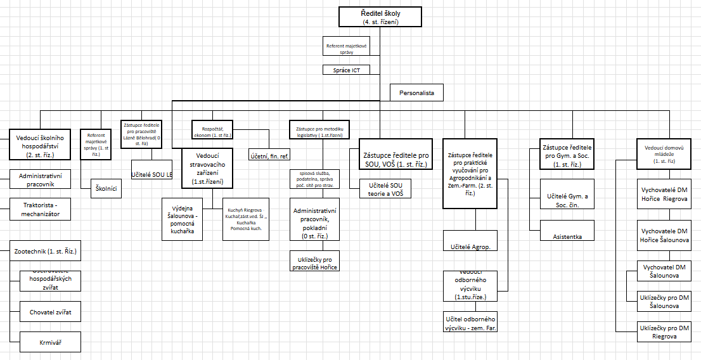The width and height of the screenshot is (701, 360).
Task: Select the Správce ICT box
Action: click(346, 70)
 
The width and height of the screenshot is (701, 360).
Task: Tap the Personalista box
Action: click(416, 93)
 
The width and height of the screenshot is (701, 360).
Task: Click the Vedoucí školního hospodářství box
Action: click(41, 144)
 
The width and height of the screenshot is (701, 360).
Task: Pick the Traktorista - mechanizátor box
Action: click(41, 209)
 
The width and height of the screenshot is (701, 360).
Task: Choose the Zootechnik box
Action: click(45, 252)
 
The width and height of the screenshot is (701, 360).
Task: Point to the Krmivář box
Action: click(50, 343)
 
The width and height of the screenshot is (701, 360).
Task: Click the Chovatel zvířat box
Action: click(50, 312)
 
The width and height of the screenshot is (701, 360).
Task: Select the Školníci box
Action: click(106, 189)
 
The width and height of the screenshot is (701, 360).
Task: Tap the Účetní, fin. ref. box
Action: click(269, 154)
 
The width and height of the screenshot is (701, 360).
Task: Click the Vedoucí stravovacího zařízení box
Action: click(207, 168)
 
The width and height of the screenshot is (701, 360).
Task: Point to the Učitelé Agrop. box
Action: click(470, 245)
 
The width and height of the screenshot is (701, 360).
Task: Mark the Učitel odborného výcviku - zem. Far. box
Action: click(470, 323)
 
